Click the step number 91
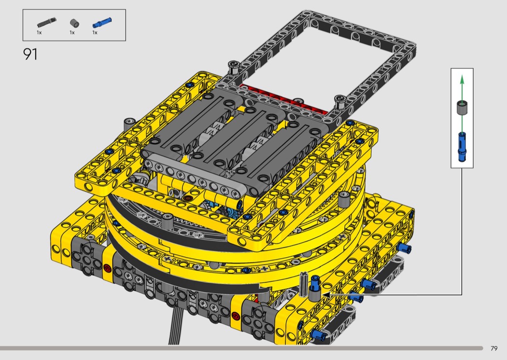(x=30, y=55)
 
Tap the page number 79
(x=494, y=348)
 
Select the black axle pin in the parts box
(x=46, y=22)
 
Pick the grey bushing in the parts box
(x=75, y=23)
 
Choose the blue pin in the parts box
(x=102, y=23)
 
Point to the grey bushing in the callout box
(x=462, y=108)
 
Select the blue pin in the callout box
(x=462, y=147)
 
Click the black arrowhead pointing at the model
(x=326, y=295)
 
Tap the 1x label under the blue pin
(x=95, y=33)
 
